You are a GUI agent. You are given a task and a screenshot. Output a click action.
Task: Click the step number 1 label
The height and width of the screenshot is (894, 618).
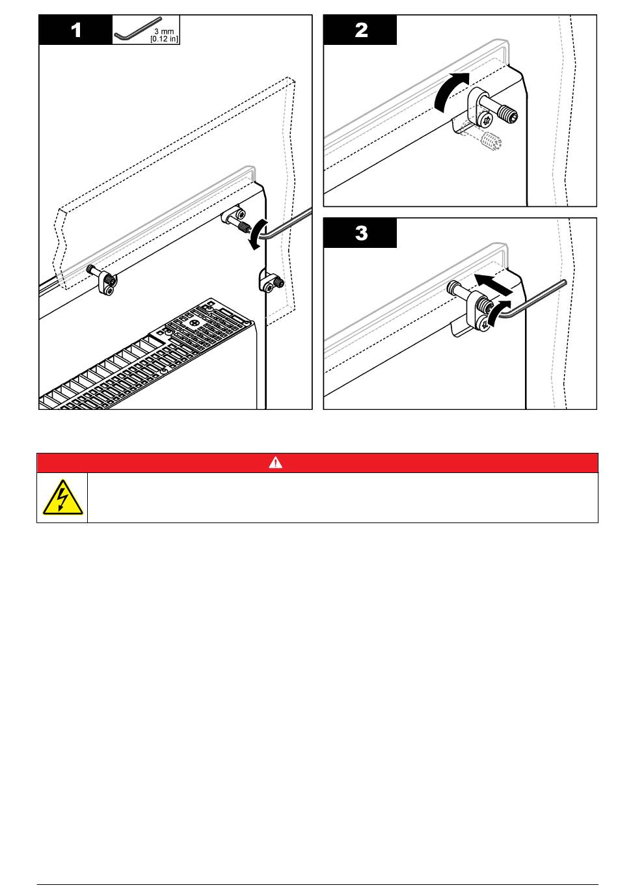pyautogui.click(x=76, y=31)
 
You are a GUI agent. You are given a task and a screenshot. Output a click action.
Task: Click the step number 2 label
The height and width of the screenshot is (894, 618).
pyautogui.click(x=360, y=31)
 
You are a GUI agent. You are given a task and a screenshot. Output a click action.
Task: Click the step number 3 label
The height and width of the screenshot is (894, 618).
pyautogui.click(x=360, y=233)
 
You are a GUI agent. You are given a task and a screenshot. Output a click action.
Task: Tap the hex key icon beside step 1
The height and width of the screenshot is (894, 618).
pyautogui.click(x=137, y=29)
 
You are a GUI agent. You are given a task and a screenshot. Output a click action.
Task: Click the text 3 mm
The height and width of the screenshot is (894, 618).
pyautogui.click(x=164, y=31)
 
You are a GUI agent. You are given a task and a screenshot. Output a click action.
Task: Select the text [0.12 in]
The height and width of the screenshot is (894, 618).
pyautogui.click(x=164, y=38)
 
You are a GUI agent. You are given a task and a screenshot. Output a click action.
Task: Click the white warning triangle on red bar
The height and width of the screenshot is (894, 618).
pyautogui.click(x=275, y=463)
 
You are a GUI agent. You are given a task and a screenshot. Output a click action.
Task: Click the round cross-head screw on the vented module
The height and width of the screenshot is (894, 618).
pyautogui.click(x=195, y=323)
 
